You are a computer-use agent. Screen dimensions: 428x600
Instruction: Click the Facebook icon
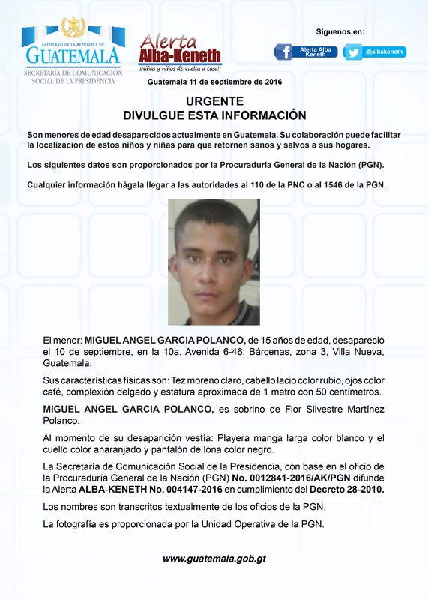point(284,52)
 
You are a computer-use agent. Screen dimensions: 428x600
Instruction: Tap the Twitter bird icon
point(353,52)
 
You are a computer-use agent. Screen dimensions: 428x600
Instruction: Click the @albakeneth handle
point(385,52)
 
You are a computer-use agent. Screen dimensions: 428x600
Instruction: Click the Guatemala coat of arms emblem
point(73,28)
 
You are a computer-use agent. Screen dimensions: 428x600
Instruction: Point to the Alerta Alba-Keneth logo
point(180,51)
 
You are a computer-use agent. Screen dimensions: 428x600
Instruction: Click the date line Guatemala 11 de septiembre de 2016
point(214,81)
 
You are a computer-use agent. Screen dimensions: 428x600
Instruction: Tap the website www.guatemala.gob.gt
point(214,559)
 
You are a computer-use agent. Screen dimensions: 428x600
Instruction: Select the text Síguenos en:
point(340,31)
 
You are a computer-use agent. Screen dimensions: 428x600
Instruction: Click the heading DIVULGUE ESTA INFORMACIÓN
point(214,115)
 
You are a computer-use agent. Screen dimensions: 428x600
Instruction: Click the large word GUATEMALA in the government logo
point(73,55)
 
